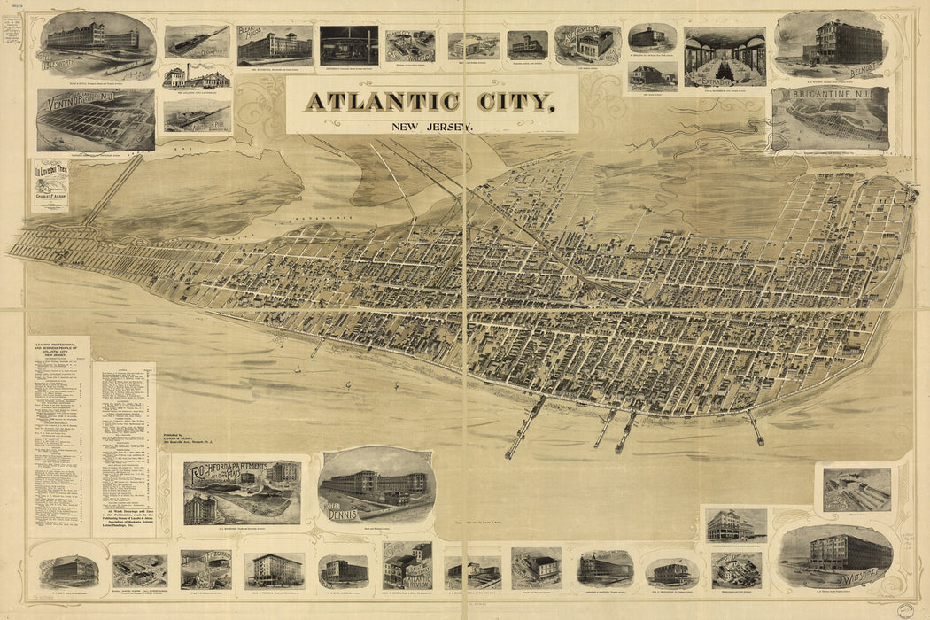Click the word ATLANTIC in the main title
tap(383, 101)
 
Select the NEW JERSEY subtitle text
tap(432, 126)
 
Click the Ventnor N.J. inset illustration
tap(96, 120)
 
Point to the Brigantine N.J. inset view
tap(830, 119)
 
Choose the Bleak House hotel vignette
tap(275, 45)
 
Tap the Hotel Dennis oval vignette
tap(376, 486)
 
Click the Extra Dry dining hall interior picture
tap(725, 57)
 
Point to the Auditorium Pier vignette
tap(197, 115)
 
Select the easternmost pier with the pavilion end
tap(755, 427)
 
